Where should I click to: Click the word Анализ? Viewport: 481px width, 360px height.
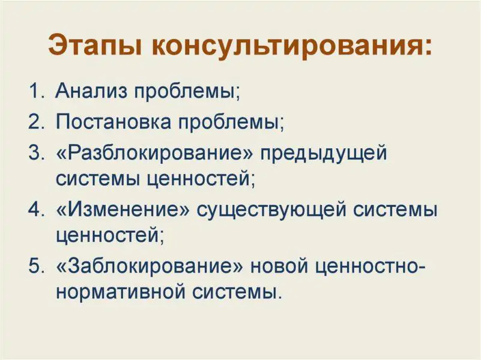91,91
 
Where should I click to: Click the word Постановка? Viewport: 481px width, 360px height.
113,122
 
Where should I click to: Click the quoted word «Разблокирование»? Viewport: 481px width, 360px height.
155,154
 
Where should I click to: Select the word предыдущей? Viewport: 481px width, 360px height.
324,154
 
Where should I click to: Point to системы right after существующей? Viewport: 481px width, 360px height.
395,211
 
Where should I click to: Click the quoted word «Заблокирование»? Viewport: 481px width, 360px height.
150,266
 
